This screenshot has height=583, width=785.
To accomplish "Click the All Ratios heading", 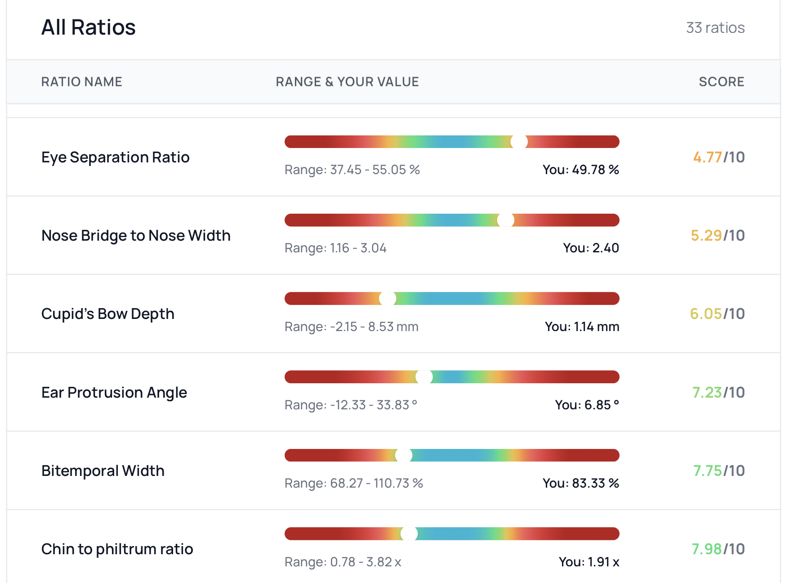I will click(x=89, y=27).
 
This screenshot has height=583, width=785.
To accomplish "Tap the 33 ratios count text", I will click(x=715, y=28).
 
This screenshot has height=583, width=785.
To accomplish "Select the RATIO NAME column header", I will click(x=82, y=82).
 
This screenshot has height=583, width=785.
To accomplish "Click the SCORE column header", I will click(x=721, y=82).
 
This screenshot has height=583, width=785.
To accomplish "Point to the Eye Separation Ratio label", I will click(x=116, y=157).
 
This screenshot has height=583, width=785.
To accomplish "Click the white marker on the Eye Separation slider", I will click(x=519, y=142).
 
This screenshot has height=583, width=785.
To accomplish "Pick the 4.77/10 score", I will click(x=718, y=157).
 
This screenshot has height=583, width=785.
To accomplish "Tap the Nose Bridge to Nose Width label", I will click(x=136, y=236).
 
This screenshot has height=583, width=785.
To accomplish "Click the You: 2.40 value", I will click(x=591, y=248).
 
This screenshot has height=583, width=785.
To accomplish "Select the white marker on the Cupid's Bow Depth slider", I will click(x=388, y=299).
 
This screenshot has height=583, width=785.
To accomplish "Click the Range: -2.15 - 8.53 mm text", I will click(x=351, y=327).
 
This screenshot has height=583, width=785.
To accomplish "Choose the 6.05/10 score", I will click(x=717, y=314).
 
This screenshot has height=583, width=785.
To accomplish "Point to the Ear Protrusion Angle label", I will click(x=114, y=393).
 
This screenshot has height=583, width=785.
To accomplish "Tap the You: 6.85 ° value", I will click(x=587, y=405).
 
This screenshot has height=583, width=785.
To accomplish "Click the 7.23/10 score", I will click(x=718, y=393).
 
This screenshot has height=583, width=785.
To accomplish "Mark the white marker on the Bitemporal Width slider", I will click(x=404, y=456).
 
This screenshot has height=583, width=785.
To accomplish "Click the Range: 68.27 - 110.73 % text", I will click(x=354, y=483).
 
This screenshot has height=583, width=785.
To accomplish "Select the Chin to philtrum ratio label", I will click(x=117, y=549).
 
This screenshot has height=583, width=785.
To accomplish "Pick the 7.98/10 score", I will click(x=718, y=549).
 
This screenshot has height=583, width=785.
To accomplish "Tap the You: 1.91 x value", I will click(x=589, y=562).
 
